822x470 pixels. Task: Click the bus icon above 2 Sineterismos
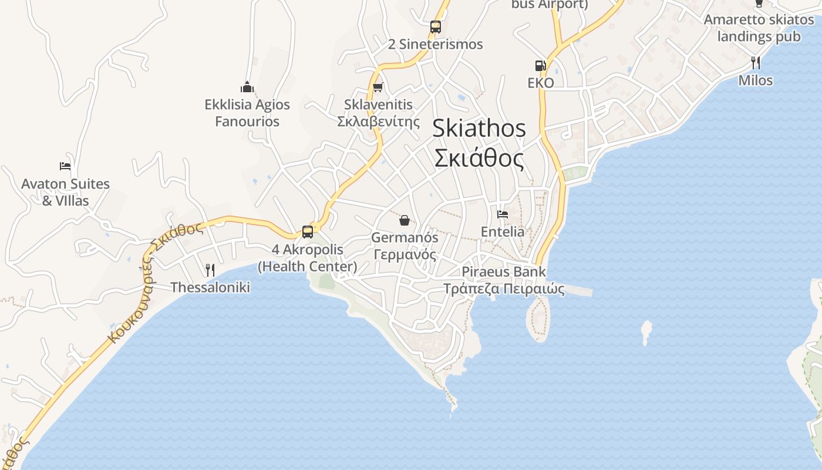[x=435, y=26]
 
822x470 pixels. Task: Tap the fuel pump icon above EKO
[x=540, y=65]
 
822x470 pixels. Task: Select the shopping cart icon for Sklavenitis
[x=378, y=88]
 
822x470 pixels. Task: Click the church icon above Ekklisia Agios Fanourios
[x=247, y=88]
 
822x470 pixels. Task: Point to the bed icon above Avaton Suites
[x=65, y=166]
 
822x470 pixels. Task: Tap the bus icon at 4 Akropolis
[x=307, y=231]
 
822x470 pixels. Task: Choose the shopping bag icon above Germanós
[x=404, y=220]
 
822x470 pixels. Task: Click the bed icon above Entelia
[x=502, y=214]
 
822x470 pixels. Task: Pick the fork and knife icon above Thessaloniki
[x=210, y=270]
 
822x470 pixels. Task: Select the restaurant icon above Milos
[x=756, y=63]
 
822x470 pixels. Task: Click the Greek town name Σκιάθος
[x=479, y=158]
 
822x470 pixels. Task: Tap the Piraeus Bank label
[x=504, y=271]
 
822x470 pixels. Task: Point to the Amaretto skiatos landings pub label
[x=759, y=28]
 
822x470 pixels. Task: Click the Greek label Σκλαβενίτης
[x=379, y=122]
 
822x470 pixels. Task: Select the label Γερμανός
[x=405, y=255]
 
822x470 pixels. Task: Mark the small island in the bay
[x=646, y=331]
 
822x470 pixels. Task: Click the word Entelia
[x=503, y=231]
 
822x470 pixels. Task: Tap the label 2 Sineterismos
[x=436, y=44]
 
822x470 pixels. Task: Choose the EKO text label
[x=540, y=82]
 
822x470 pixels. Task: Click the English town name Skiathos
[x=479, y=128]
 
